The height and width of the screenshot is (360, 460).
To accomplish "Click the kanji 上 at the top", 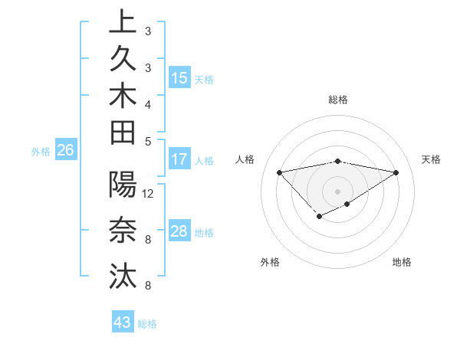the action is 123,24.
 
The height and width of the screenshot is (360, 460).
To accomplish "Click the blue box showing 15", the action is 179,78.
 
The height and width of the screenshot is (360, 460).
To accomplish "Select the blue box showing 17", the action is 179,160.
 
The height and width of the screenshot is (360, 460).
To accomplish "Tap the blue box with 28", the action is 179,232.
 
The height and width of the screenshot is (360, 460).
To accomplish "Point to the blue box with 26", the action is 66,151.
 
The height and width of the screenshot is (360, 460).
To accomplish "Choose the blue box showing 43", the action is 123,322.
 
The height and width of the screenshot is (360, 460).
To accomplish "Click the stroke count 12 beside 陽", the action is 148,194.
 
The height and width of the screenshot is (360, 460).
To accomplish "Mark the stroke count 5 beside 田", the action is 147,141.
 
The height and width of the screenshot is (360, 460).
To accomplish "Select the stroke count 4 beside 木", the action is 147,104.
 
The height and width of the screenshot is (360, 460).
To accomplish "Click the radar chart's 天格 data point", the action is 396,172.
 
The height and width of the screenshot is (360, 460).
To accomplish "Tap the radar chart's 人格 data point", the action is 279,172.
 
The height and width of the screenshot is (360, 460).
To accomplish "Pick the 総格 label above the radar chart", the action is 337,100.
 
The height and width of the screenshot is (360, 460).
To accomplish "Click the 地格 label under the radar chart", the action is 402,262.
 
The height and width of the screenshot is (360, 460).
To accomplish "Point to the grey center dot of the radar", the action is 337,191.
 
